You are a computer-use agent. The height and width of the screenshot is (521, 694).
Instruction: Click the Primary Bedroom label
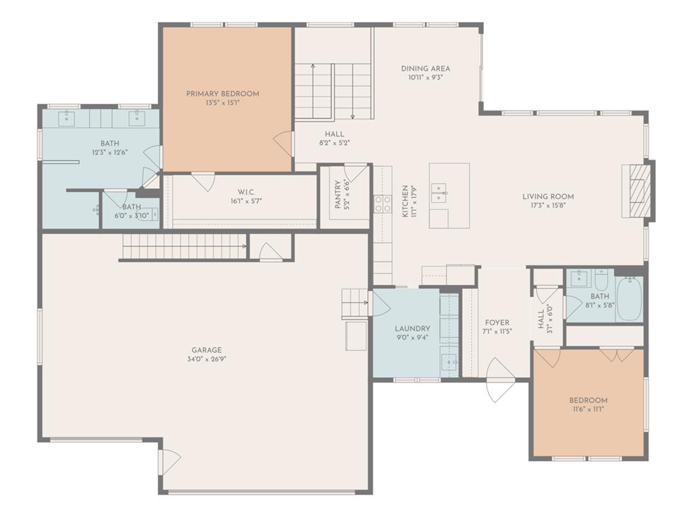click(222, 94)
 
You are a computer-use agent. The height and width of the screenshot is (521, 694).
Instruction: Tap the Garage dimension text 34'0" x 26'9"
click(207, 360)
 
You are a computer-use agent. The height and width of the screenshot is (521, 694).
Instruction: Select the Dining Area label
click(426, 69)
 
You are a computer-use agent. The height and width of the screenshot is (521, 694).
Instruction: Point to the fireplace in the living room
click(638, 191)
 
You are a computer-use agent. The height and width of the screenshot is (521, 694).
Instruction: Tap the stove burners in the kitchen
click(383, 204)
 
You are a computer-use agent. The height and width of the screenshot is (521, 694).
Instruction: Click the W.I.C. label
click(246, 192)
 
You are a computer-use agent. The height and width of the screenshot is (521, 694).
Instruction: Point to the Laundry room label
click(412, 329)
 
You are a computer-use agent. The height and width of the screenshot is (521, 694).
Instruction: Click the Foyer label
click(497, 322)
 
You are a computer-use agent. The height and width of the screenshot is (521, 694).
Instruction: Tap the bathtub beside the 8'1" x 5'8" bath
click(629, 298)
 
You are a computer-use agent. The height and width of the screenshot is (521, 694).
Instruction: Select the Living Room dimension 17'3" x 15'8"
click(548, 205)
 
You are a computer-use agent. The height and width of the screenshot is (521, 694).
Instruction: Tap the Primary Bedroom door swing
click(283, 142)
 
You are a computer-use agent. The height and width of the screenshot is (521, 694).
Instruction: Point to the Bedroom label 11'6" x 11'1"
click(588, 400)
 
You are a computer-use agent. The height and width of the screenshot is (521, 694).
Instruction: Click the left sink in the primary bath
click(66, 117)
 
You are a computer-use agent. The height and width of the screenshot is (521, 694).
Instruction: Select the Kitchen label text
click(405, 201)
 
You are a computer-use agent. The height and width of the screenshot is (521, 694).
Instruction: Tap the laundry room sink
click(449, 362)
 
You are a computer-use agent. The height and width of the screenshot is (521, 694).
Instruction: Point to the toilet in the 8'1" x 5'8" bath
click(601, 279)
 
